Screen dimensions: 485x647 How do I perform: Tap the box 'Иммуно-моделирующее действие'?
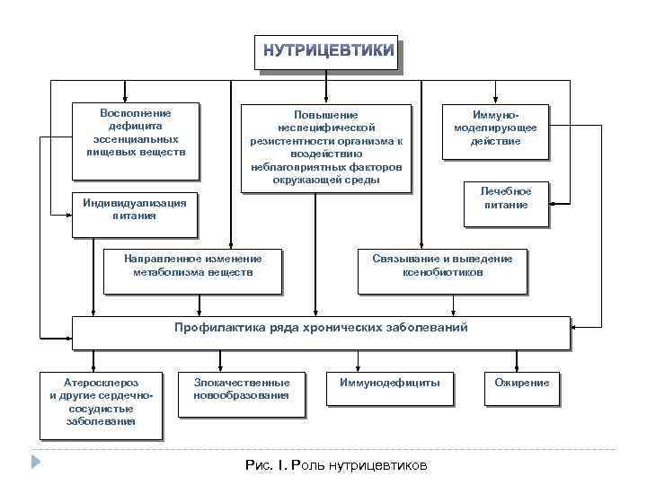click(x=495, y=130)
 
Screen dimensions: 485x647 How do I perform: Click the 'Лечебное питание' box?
click(x=505, y=198)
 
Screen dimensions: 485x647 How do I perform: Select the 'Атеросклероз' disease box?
click(x=101, y=401)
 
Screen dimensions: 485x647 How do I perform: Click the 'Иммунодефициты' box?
click(x=389, y=384)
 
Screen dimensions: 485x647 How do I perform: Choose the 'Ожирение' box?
click(x=521, y=384)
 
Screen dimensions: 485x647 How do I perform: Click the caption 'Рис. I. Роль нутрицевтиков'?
click(x=337, y=465)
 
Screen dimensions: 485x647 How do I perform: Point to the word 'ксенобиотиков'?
click(x=443, y=272)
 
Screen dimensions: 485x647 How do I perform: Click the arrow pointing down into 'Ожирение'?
click(x=520, y=364)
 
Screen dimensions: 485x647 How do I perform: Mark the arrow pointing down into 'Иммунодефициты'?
click(x=359, y=364)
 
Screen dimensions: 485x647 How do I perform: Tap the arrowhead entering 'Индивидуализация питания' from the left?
click(x=68, y=215)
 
